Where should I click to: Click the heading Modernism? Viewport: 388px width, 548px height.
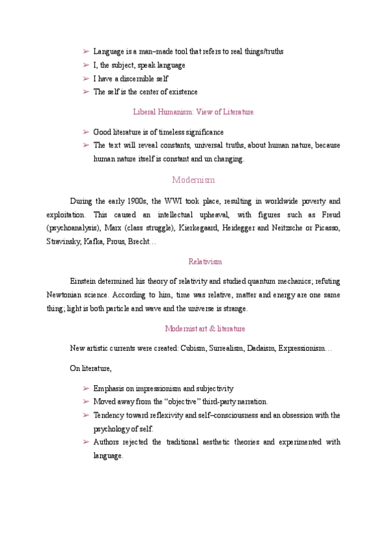coord(193,180)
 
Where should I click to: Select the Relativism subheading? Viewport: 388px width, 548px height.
coord(205,262)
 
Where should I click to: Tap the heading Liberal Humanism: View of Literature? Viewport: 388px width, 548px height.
coord(193,112)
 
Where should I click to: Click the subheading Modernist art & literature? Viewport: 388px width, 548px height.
coord(205,328)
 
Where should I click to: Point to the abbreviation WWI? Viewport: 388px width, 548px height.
coord(175,201)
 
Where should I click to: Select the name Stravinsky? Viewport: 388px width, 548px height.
coord(63,242)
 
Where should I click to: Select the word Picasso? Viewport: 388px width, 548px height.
coord(326,228)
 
